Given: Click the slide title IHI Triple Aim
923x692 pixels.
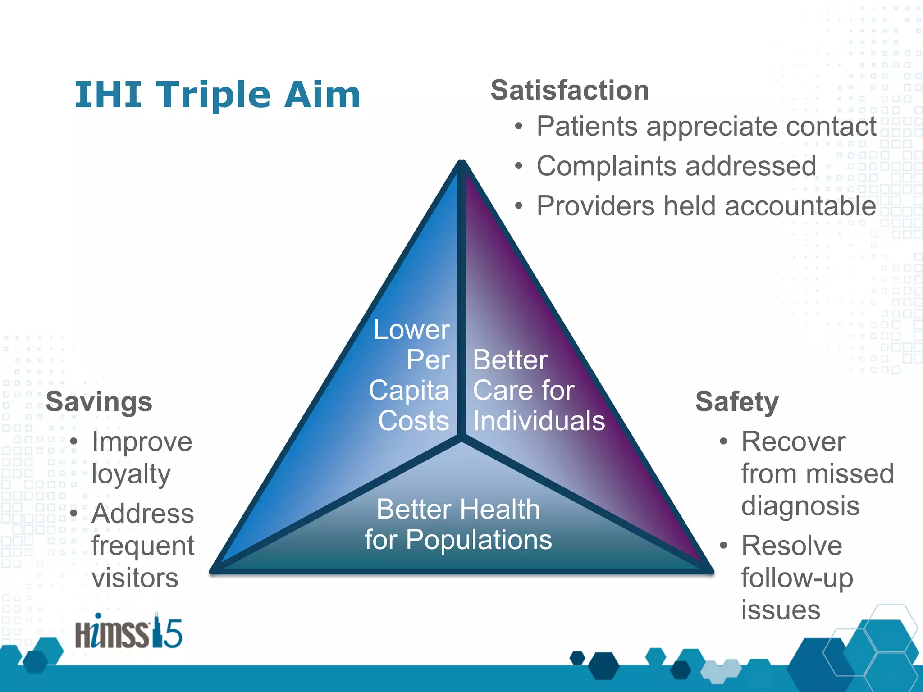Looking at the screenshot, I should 217,95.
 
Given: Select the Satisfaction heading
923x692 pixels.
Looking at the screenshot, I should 570,90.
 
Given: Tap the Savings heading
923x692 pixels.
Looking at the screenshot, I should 99,401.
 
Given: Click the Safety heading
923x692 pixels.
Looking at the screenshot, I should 737,401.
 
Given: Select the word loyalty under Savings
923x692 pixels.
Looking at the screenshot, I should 131,474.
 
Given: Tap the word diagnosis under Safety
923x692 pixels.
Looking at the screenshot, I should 800,506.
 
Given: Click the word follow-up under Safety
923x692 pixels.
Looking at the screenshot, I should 797,578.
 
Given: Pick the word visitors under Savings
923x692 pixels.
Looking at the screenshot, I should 135,578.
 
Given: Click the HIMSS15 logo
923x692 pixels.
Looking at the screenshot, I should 128,632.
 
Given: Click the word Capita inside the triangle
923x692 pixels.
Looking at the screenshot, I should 409,390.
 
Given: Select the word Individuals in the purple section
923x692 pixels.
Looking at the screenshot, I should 539,421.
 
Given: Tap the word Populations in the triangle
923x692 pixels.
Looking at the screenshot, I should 479,540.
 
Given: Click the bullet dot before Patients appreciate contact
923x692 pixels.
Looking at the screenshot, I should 519,127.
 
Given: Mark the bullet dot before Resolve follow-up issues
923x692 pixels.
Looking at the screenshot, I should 723,546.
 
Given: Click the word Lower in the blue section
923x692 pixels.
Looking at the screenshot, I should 411,330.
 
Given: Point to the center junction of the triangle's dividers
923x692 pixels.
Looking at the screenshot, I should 461,437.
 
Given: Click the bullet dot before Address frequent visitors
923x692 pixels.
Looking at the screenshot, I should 74,514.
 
